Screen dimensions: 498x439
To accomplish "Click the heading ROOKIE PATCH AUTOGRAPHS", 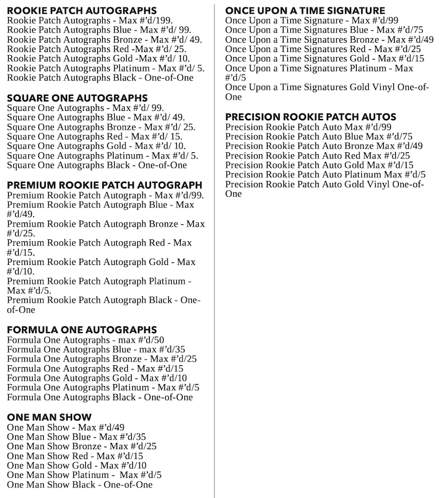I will pos(82,11).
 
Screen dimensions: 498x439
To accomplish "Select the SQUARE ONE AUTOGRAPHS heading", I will pos(77,98).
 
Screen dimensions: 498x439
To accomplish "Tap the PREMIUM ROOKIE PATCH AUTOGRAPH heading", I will pos(104,185).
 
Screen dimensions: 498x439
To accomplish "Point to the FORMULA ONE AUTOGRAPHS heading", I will pos(82,330).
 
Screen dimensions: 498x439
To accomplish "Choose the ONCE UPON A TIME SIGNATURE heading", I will pos(305,11).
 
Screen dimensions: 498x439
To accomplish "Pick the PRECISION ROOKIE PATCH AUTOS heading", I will pos(310,117).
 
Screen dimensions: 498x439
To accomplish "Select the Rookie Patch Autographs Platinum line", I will pos(105,68).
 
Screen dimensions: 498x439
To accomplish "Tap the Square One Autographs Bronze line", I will pos(101,127).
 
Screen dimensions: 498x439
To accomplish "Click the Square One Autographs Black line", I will pos(97,165).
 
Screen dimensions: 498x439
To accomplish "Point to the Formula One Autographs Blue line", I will pos(96,350).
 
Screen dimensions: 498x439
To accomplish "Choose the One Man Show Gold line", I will pos(77,465).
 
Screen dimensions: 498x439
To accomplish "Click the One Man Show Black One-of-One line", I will pos(80,485).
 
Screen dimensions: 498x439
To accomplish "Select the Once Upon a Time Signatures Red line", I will pos(322,49).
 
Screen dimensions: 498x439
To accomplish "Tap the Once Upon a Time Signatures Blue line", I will pos(324,30).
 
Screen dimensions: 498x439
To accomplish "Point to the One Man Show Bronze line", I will pos(82,447).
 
